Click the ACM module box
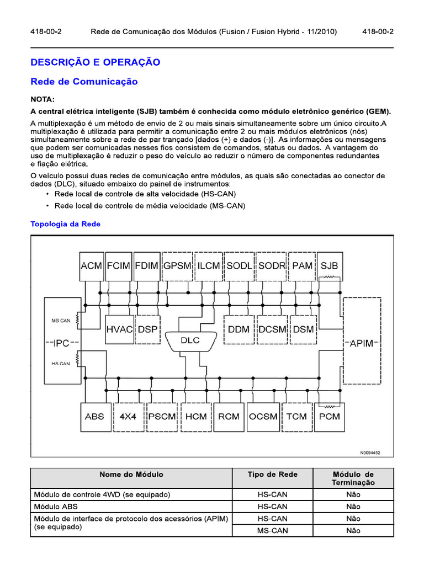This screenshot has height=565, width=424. point(92,265)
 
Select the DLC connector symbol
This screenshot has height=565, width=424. point(190,340)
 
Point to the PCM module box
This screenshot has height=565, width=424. point(330,416)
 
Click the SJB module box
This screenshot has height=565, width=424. point(330,265)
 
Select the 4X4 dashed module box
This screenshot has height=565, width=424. point(129,416)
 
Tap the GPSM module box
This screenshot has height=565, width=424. point(177,265)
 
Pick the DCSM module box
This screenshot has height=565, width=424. point(273,329)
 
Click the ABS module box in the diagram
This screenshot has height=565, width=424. point(94,416)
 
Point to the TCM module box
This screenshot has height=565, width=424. point(296,416)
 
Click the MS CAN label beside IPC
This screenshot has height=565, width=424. point(61,321)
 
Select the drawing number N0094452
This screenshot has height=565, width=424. point(371,452)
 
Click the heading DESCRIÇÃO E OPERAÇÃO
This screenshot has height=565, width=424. point(96,62)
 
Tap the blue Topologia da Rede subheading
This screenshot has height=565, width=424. point(66,224)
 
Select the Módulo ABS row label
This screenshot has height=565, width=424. point(59,507)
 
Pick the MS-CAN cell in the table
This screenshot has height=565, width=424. point(272,531)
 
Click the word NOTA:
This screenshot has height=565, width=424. point(43,99)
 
